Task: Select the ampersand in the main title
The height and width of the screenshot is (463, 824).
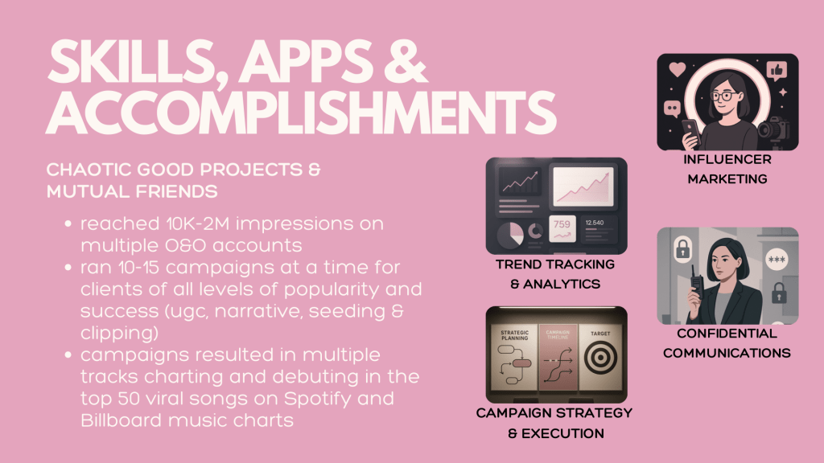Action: (406, 61)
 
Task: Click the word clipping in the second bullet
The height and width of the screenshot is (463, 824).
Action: (119, 334)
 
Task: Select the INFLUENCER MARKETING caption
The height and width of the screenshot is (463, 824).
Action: (727, 169)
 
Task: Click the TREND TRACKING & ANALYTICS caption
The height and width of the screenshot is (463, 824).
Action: (555, 274)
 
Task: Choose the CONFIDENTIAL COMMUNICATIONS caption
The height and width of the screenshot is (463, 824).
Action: (727, 343)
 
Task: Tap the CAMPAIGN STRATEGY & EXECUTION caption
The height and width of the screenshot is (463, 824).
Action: (554, 423)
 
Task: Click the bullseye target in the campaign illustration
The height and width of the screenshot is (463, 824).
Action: (600, 358)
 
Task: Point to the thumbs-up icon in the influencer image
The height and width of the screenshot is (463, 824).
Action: (777, 70)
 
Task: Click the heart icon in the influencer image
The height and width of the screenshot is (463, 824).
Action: (678, 69)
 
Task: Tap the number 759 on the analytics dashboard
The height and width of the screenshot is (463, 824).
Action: (562, 224)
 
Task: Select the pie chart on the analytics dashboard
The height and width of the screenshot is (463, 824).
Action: (509, 234)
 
